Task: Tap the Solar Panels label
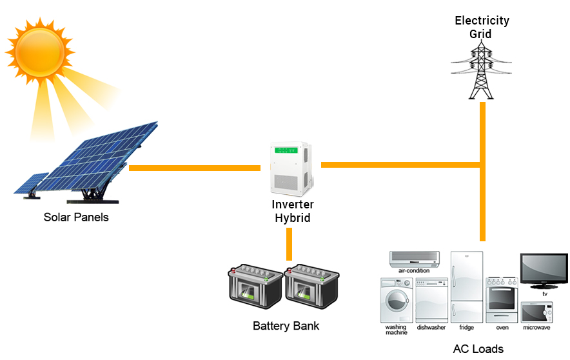(76, 217)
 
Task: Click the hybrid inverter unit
(290, 169)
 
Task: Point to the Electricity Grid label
(482, 27)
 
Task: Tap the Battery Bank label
(286, 326)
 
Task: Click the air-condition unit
(413, 258)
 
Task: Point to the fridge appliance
(466, 286)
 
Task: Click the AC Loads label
(478, 349)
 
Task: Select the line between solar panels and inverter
(194, 168)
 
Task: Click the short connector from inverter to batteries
(290, 244)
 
